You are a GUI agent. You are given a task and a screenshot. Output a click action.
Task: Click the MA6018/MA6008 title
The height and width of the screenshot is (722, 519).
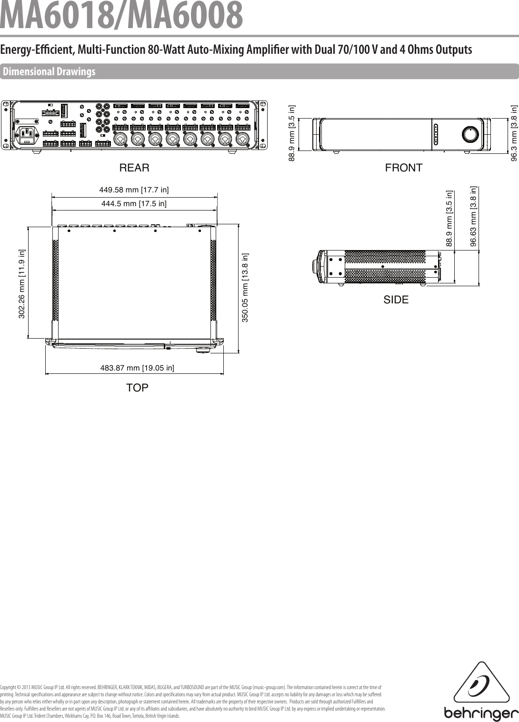tap(121, 15)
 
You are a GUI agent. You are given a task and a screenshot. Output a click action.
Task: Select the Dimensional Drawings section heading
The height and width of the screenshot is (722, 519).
tap(49, 72)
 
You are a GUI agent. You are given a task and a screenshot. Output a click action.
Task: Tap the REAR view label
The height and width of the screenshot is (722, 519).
tap(134, 168)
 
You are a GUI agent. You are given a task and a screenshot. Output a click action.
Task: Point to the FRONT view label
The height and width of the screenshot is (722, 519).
tap(403, 168)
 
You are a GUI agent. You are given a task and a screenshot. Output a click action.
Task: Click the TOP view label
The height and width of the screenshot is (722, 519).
tap(137, 387)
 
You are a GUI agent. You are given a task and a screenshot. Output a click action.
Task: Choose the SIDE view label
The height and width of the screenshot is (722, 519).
tap(396, 300)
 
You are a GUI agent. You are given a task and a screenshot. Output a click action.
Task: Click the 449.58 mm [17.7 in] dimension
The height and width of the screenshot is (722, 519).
tap(134, 190)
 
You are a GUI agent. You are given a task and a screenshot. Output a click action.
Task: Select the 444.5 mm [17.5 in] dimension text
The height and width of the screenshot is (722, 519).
tap(134, 204)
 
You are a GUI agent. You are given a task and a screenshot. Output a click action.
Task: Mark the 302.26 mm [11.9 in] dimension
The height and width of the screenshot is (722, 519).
tap(21, 285)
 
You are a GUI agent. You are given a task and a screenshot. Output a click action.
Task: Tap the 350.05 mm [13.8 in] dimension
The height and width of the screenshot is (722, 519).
tap(245, 288)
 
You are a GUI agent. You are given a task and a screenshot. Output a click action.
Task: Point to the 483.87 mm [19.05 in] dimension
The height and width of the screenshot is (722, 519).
tap(137, 367)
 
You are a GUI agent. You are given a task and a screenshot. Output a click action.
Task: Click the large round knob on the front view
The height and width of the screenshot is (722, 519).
tap(470, 135)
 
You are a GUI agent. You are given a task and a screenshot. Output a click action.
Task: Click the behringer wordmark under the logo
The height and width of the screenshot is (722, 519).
tap(481, 714)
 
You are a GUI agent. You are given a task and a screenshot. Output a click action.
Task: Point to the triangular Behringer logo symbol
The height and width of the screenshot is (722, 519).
tap(479, 684)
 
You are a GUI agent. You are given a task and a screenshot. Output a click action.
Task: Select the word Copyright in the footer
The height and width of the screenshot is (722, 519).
tap(9, 687)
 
